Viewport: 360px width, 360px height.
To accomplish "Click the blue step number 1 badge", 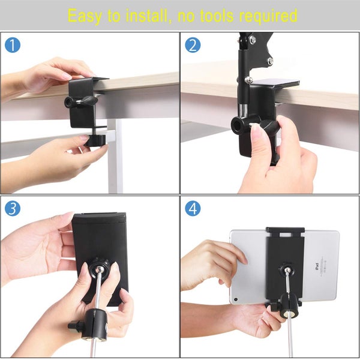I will (x=12, y=45).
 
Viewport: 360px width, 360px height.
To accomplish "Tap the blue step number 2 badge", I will (x=192, y=45).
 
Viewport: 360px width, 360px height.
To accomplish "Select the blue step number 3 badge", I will (x=12, y=208).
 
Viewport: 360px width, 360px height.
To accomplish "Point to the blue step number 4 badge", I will (x=192, y=208).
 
